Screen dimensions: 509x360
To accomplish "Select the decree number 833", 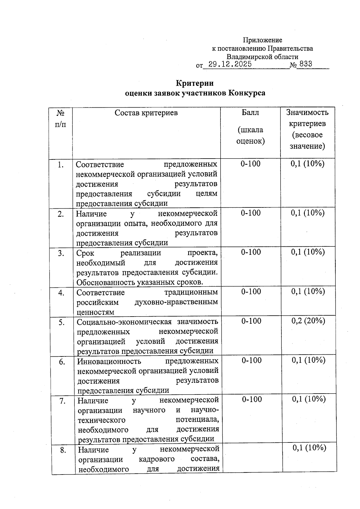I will [305, 64].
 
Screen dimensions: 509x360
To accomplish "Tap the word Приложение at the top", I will [262, 40].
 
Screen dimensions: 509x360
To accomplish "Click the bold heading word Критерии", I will [195, 83].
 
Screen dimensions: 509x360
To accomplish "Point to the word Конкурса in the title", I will [247, 93].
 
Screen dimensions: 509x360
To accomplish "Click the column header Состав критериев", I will [146, 113].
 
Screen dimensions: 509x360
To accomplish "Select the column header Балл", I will [250, 113].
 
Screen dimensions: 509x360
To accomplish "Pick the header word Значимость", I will [307, 112].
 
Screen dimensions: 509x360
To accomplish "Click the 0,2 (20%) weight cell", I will [308, 321].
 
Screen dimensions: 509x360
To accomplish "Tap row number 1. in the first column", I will [61, 165].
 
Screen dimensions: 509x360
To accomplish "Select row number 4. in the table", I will [61, 293].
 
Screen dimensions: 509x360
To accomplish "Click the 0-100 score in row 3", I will [251, 252].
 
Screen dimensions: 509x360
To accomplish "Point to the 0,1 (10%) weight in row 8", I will [309, 448].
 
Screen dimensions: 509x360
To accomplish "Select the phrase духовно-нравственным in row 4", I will [176, 302].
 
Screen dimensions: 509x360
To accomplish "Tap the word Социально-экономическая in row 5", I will [124, 322].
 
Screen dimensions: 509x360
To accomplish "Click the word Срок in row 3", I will [85, 253].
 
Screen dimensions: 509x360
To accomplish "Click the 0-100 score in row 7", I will [252, 399].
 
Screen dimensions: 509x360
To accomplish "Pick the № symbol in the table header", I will [61, 113].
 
